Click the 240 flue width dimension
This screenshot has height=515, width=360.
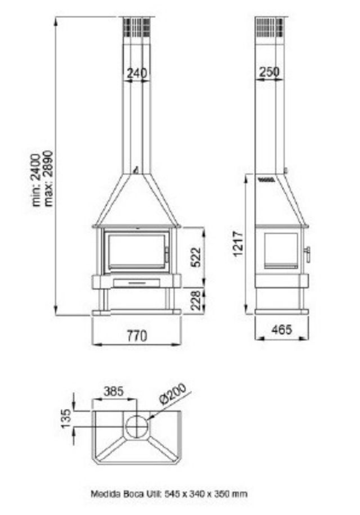pyautogui.click(x=137, y=73)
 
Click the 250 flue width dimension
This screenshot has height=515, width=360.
pyautogui.click(x=269, y=72)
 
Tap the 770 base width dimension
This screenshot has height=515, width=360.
pyautogui.click(x=136, y=336)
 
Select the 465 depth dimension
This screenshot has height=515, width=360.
pyautogui.click(x=281, y=330)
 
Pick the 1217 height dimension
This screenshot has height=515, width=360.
pyautogui.click(x=238, y=244)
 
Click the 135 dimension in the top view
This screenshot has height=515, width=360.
pyautogui.click(x=66, y=418)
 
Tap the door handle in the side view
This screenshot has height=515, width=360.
pyautogui.click(x=307, y=254)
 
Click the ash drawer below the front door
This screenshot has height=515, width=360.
pyautogui.click(x=136, y=282)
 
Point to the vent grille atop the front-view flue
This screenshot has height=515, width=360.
pyautogui.click(x=136, y=27)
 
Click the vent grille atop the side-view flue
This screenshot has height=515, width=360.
pyautogui.click(x=269, y=27)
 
